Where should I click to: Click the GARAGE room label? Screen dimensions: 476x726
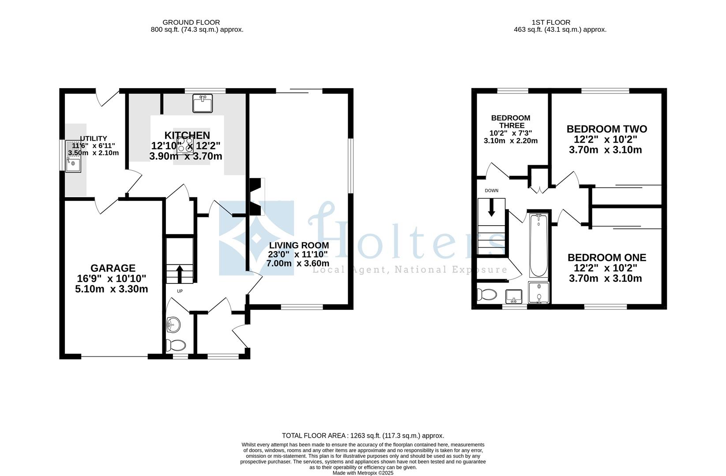pos(113,268)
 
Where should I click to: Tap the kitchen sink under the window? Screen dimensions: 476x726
pos(203,104)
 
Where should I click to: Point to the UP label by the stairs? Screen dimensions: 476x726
pos(180,291)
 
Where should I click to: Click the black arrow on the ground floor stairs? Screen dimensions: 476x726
pos(180,273)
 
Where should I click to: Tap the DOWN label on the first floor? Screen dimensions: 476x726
pos(491,191)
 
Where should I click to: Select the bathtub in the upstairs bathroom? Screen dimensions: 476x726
pos(538,245)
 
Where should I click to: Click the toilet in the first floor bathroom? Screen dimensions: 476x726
pos(485,294)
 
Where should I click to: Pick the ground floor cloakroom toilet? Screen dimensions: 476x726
pos(176,345)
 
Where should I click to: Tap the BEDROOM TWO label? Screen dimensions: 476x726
pos(606,129)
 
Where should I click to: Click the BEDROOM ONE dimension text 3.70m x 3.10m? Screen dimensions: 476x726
pos(605,279)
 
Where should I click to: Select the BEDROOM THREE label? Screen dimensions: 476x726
pos(511,122)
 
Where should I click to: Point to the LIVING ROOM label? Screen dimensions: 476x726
pos(299,245)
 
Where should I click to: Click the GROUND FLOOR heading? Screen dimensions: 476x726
pos(191,22)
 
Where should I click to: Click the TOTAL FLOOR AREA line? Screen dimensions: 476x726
pos(363,435)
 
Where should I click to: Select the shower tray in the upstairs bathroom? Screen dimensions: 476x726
pos(539,293)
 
